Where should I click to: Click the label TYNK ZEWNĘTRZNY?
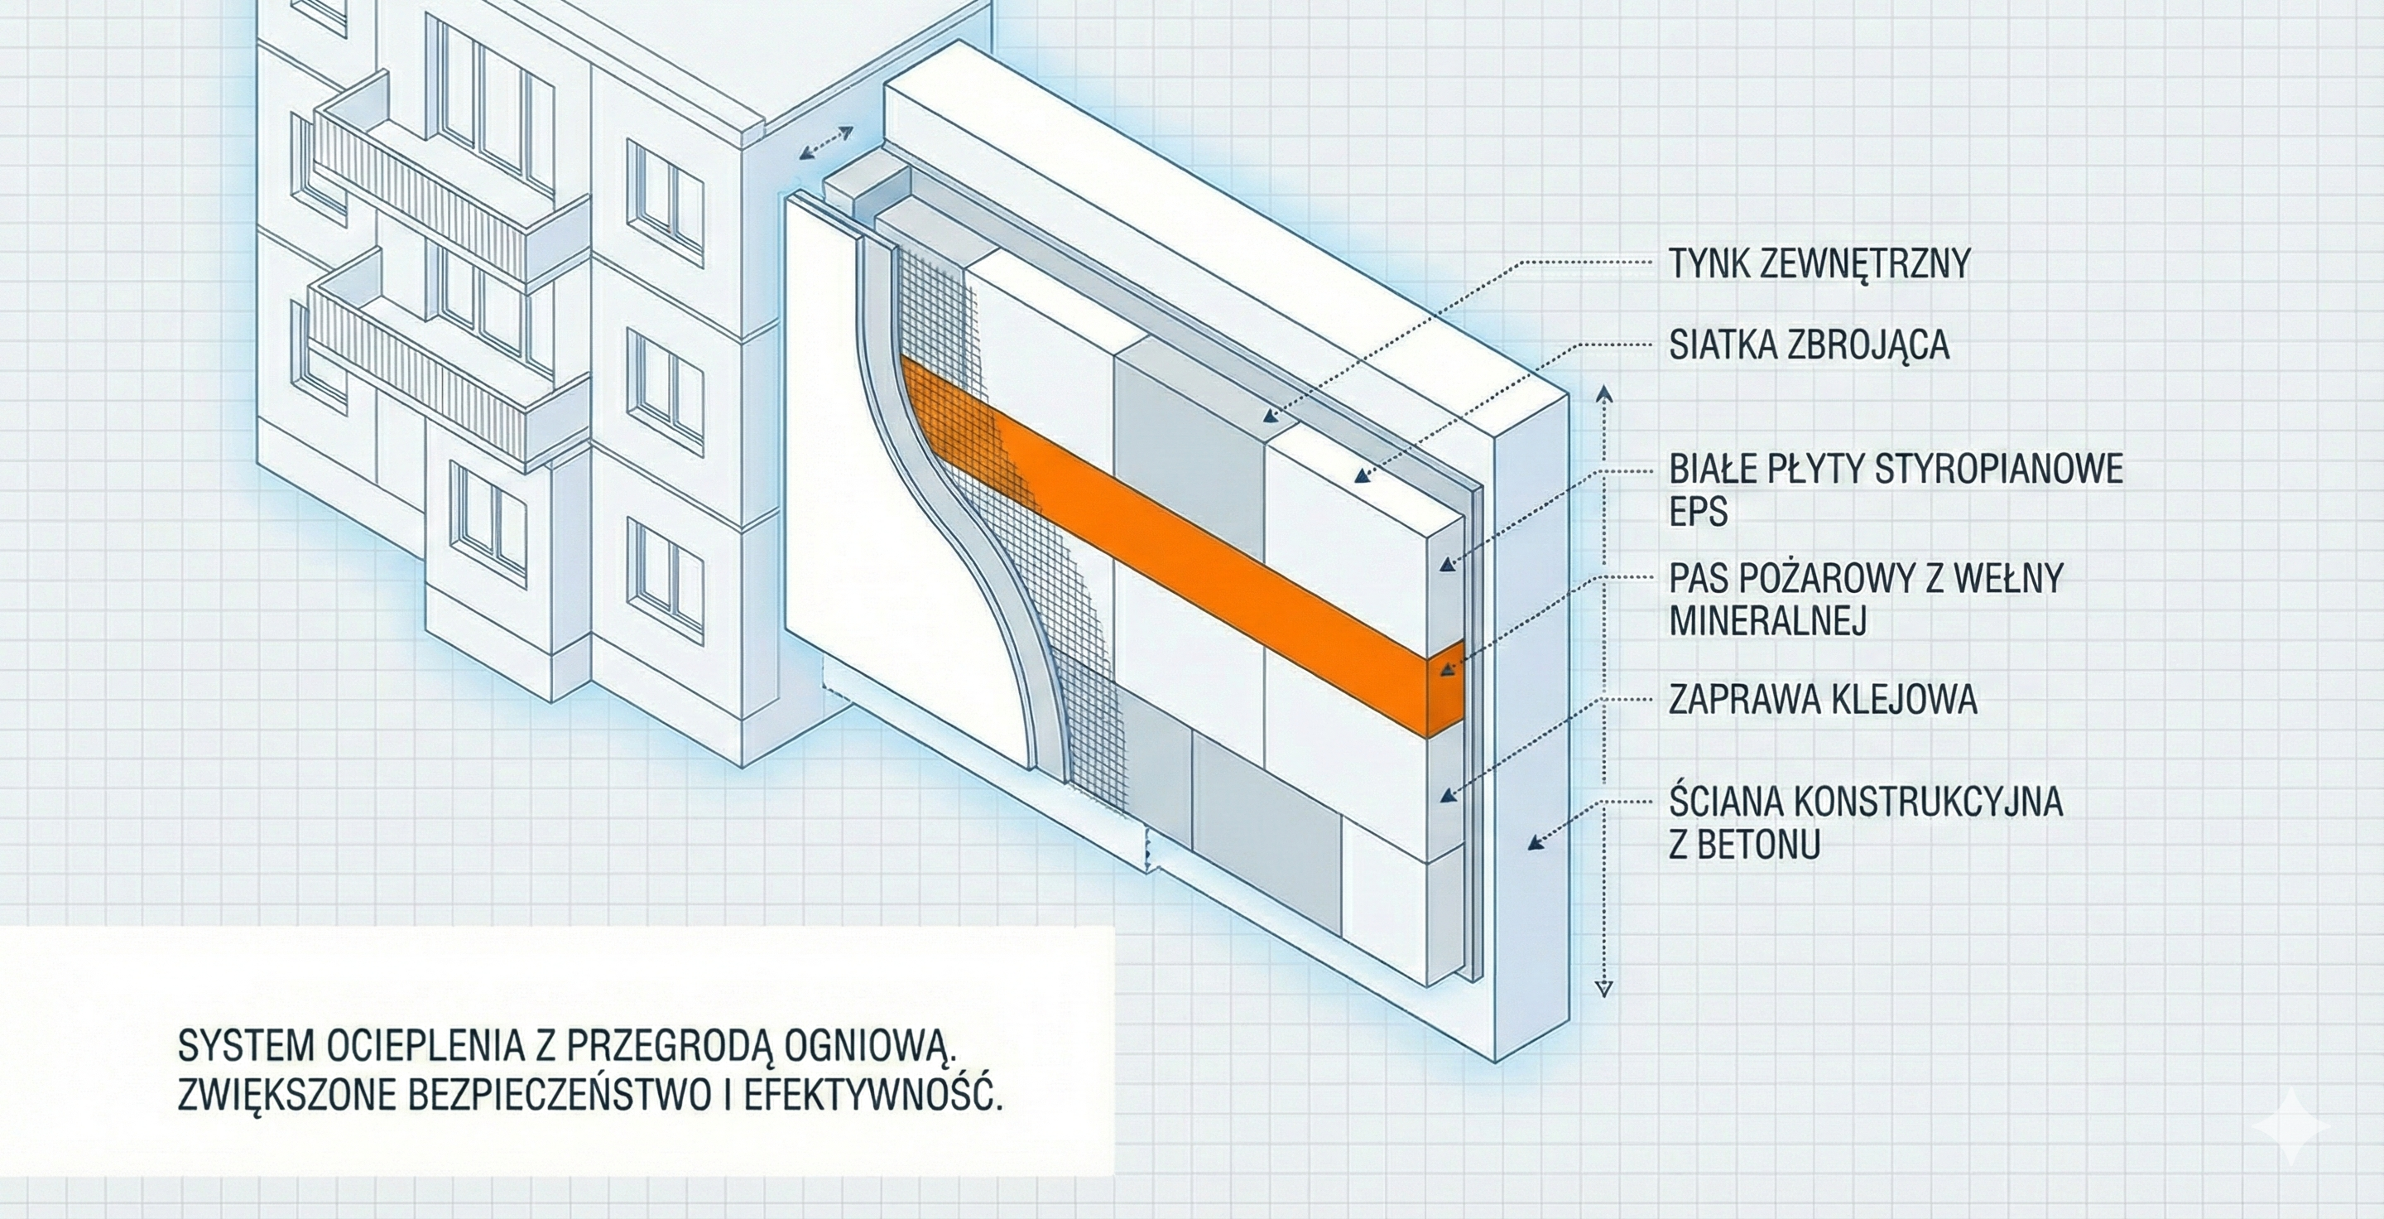click(x=1819, y=264)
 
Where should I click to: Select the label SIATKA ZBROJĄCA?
click(x=1810, y=344)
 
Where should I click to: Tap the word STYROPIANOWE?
click(x=1999, y=470)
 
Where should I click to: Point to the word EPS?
click(x=1699, y=512)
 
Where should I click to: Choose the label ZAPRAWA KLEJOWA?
click(x=1822, y=700)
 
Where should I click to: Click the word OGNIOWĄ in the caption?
click(x=870, y=1047)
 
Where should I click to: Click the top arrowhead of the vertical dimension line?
click(x=1605, y=395)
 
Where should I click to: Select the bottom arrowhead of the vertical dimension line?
click(x=1605, y=989)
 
